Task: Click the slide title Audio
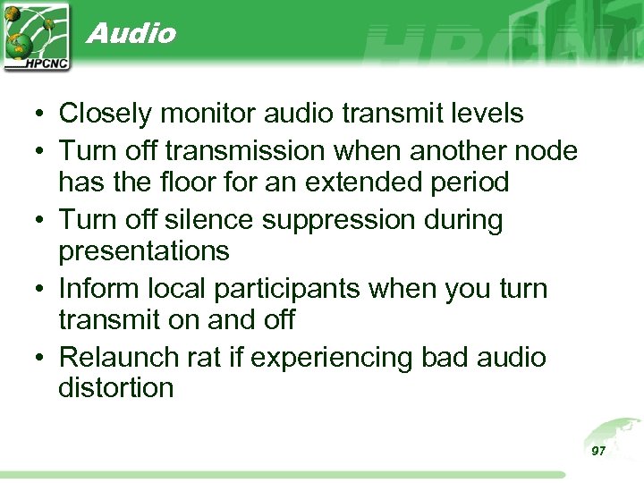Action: coord(131,33)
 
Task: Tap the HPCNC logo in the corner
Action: coord(36,36)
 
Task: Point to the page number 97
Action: coord(598,451)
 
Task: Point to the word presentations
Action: coord(144,252)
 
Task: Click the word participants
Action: coord(311,288)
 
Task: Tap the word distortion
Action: coord(115,388)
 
